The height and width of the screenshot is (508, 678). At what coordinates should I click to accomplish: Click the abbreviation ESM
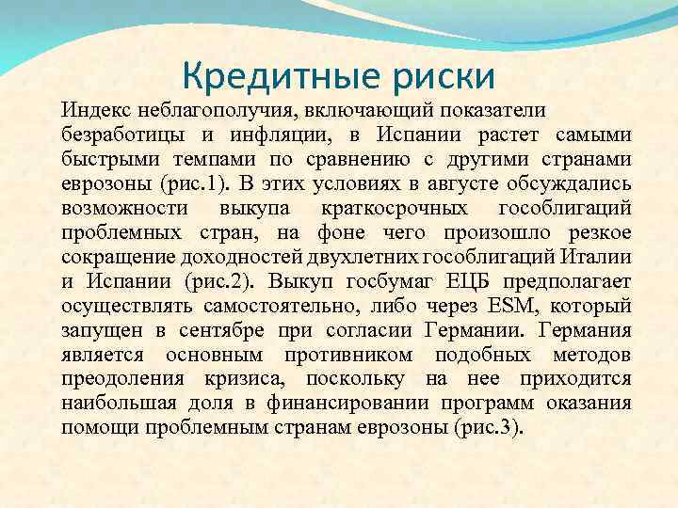pos(486,304)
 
